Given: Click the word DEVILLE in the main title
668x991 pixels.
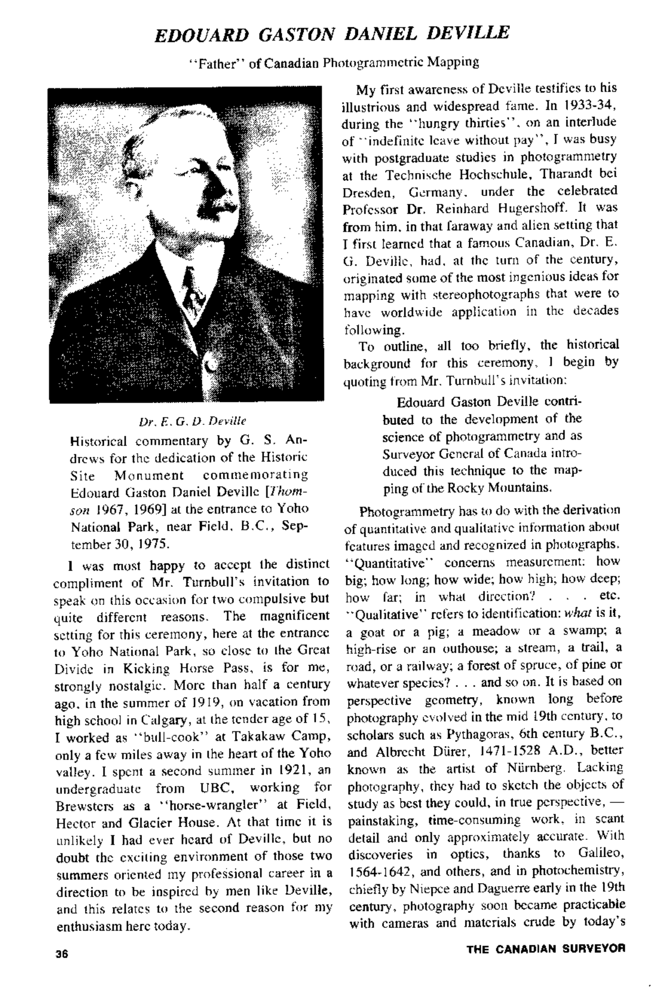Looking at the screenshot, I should coord(468,33).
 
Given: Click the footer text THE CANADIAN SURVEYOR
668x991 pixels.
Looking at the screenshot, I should coord(546,949).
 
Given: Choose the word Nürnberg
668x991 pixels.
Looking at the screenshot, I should coord(532,768).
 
